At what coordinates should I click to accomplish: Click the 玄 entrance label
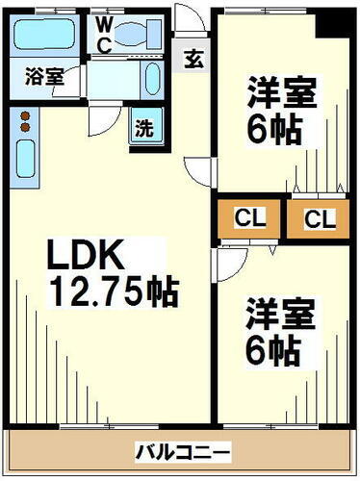coord(193,58)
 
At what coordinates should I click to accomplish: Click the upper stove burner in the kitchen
coord(25,116)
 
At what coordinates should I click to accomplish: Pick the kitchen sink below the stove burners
coord(25,155)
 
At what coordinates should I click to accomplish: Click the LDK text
coord(86,256)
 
